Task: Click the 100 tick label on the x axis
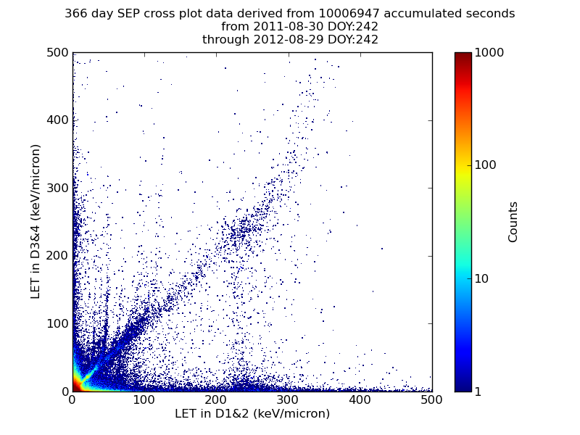[144, 400]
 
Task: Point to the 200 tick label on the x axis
[216, 400]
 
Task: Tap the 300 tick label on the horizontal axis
[288, 400]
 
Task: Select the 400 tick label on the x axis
[360, 400]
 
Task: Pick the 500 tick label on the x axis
[431, 400]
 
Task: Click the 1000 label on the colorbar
[489, 53]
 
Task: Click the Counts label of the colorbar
[513, 222]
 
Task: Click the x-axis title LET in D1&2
[252, 414]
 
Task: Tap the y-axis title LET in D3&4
[36, 222]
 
